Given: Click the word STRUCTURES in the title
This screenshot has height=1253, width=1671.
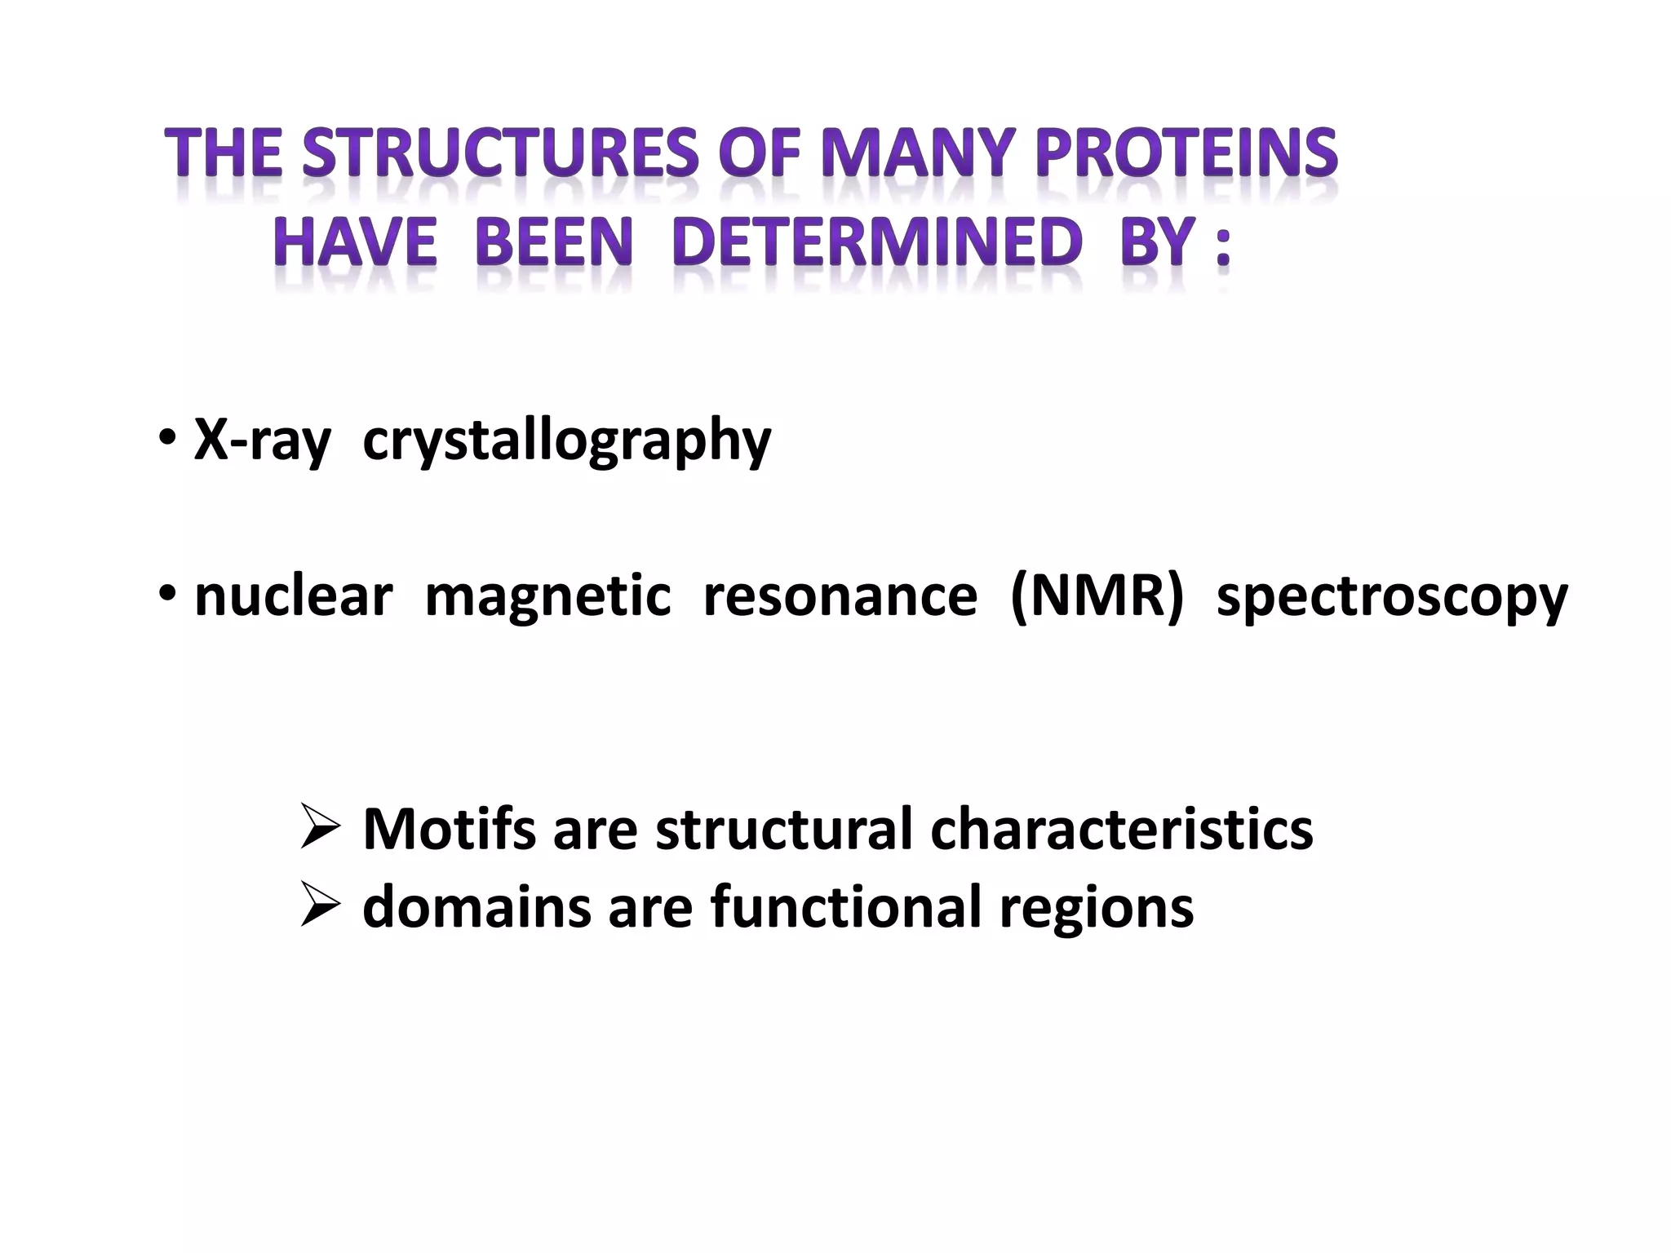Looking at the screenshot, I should point(500,153).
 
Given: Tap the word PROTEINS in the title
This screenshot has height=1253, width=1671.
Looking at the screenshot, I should point(1186,153).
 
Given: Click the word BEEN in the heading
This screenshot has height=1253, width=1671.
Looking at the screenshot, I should point(554,242).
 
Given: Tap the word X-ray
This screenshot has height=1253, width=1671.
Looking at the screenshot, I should point(263,441).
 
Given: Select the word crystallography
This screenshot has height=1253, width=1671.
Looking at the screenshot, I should point(566,441).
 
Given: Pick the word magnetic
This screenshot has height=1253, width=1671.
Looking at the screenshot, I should point(547,596).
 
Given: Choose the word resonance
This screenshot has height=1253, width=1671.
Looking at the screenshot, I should point(840,596).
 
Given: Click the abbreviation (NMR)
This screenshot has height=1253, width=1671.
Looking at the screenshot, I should point(1096,596).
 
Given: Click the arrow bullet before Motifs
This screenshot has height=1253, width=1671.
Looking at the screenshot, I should point(320,827).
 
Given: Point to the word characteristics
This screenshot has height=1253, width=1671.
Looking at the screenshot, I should point(1121,829).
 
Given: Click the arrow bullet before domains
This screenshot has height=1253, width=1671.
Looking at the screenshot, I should point(320,905).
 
